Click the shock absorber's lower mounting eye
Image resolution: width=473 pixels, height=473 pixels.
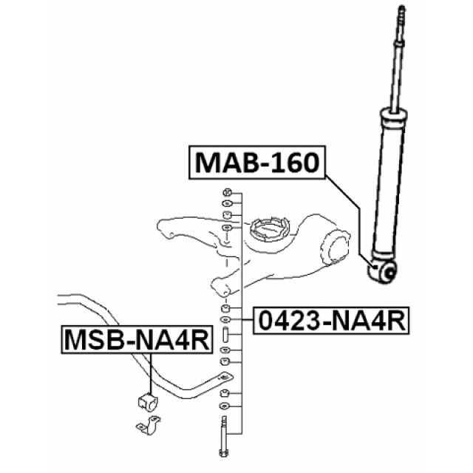pos(386,272)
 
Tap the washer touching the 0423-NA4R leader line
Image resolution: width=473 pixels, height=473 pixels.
pos(227,320)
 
